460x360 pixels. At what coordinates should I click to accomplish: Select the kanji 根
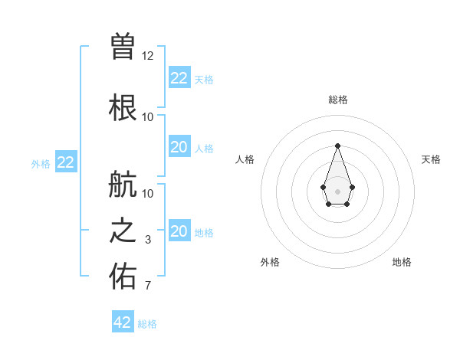[x=123, y=107]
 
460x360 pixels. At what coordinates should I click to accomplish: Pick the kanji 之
[x=123, y=232]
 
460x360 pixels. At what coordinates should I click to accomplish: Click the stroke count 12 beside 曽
[x=148, y=55]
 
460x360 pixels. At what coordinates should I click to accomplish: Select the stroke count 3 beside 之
[x=148, y=240]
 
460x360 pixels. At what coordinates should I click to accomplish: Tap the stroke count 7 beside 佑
[x=148, y=286]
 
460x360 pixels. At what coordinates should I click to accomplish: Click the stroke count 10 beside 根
[x=148, y=116]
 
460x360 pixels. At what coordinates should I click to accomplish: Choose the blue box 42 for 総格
[x=123, y=322]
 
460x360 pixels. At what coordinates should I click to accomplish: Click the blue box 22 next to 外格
[x=66, y=162]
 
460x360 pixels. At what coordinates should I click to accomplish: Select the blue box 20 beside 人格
[x=179, y=147]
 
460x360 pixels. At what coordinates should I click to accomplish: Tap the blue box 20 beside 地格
[x=179, y=231]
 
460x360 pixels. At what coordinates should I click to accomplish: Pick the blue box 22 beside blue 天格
[x=179, y=78]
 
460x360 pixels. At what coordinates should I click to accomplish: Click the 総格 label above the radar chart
[x=337, y=100]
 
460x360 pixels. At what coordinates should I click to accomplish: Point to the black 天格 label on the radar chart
[x=431, y=159]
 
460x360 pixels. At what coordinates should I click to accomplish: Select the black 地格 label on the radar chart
[x=402, y=262]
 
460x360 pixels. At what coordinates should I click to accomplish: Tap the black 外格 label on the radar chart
[x=270, y=262]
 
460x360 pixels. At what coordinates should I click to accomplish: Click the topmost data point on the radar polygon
[x=337, y=146]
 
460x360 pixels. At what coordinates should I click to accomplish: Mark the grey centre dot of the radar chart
[x=337, y=191]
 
